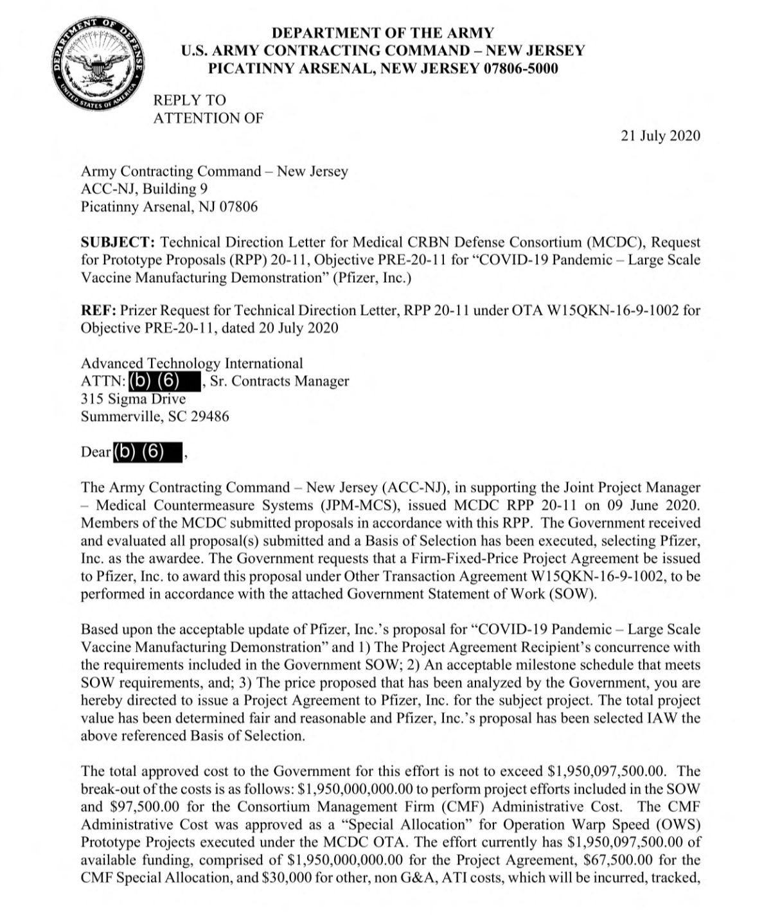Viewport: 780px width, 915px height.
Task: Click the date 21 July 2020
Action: pos(660,136)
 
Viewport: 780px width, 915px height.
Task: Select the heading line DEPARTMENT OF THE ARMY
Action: pos(383,33)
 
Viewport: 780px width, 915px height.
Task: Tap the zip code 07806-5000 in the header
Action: pos(521,69)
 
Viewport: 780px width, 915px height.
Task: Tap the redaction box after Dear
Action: pos(147,452)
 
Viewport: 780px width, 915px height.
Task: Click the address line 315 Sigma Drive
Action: pos(133,398)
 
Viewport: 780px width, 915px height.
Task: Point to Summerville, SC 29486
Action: pos(154,416)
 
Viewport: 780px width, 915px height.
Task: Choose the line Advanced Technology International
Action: pos(191,364)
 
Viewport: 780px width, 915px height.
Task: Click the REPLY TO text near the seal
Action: pos(190,100)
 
